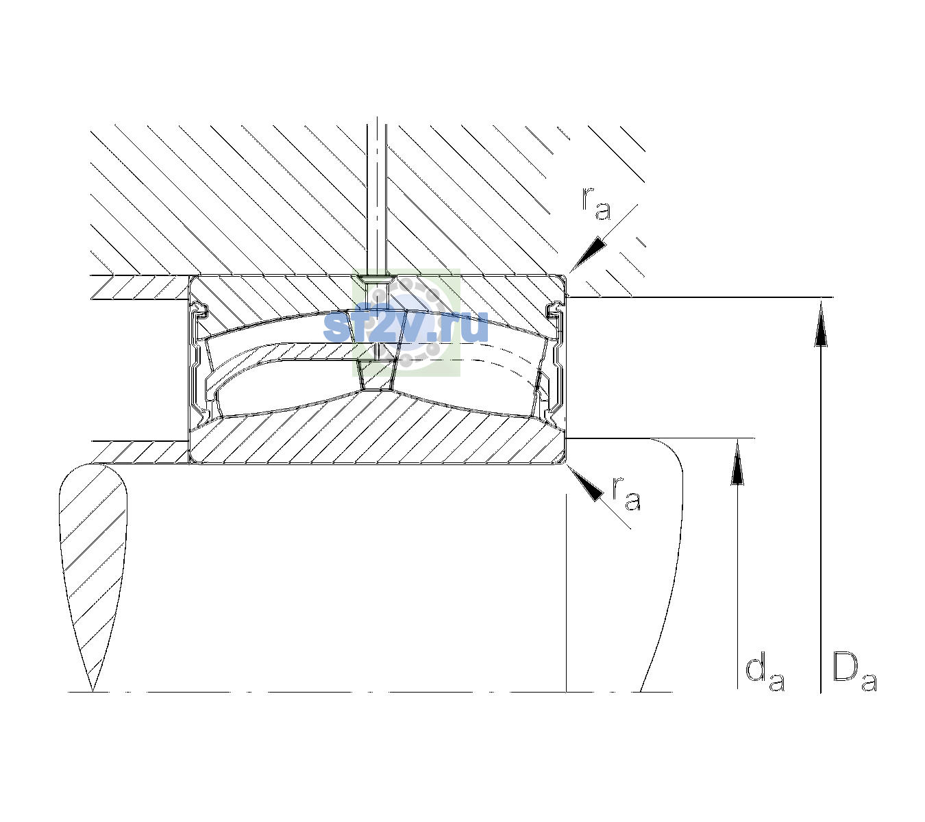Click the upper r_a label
[596, 204]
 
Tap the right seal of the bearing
[554, 359]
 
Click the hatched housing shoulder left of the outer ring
[140, 287]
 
